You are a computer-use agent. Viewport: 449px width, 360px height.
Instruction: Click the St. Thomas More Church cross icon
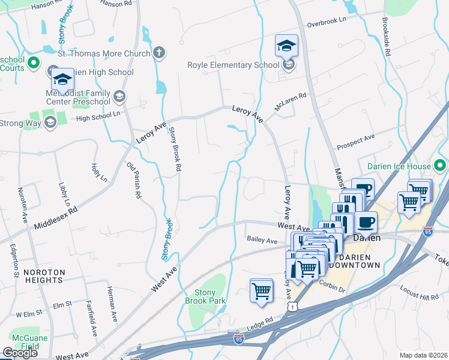[x=159, y=52]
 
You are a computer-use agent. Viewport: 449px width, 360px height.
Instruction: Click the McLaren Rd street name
[x=291, y=99]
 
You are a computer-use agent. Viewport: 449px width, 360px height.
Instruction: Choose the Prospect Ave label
[x=355, y=142]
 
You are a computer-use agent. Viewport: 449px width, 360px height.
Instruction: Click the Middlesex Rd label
[x=56, y=219]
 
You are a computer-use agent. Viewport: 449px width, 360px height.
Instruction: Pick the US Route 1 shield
[x=292, y=307]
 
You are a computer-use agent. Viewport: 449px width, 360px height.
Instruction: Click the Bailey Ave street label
[x=262, y=240]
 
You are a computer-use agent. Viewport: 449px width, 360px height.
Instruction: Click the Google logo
[x=20, y=353]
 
